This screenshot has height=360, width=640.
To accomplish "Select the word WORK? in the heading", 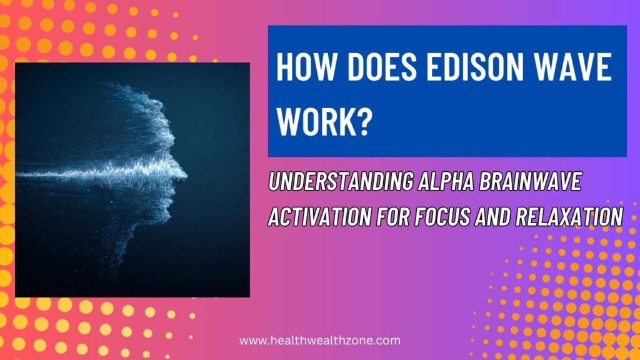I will point(324,120).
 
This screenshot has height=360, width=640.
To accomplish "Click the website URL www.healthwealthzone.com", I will point(320,341).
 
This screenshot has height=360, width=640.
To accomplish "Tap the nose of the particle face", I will point(182,167).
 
